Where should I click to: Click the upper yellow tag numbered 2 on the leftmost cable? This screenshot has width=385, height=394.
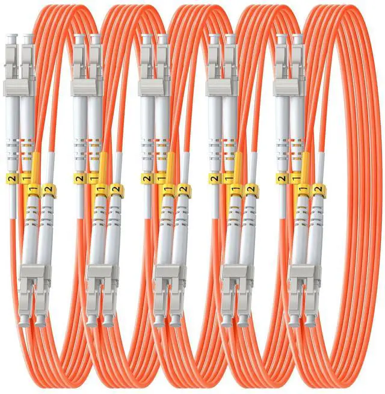pos(11,179)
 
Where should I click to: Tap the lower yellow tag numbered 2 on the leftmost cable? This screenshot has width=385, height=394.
pos(48,191)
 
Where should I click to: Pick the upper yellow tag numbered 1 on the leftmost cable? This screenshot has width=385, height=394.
pos(25,179)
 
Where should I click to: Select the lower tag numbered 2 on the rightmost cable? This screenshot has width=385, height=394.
pos(318,191)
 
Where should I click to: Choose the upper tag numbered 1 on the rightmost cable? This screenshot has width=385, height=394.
pos(295,179)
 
